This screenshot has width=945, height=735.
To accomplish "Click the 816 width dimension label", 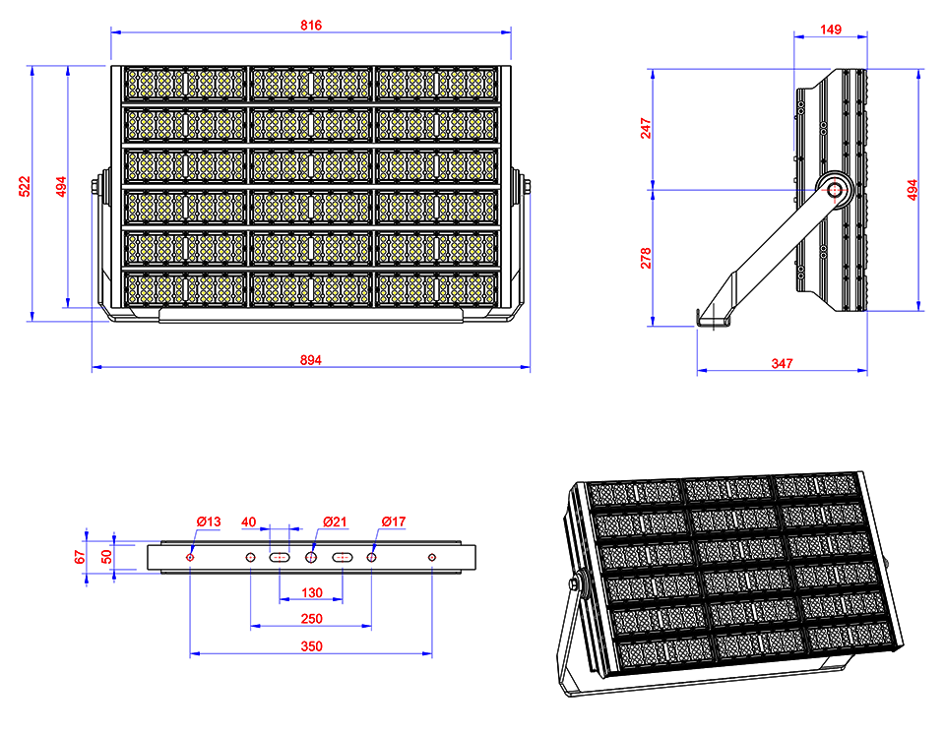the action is pyautogui.click(x=311, y=26).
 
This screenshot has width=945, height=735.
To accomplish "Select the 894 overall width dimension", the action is pyautogui.click(x=311, y=360).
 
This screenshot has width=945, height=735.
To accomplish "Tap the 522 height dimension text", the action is pyautogui.click(x=25, y=186).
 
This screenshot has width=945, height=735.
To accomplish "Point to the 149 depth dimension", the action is pyautogui.click(x=831, y=30).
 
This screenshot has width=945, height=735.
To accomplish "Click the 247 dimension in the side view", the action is pyautogui.click(x=646, y=128).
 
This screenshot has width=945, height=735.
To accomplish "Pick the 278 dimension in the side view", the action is pyautogui.click(x=646, y=258).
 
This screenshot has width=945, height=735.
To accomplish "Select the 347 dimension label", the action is pyautogui.click(x=782, y=363).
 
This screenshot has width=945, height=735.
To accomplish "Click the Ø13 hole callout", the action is pyautogui.click(x=209, y=521).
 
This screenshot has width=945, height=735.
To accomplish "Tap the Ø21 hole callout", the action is pyautogui.click(x=335, y=521).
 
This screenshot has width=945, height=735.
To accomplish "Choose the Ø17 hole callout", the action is pyautogui.click(x=394, y=521).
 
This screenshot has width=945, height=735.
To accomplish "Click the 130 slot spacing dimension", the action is pyautogui.click(x=312, y=592).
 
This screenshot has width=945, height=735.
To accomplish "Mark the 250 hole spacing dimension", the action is pyautogui.click(x=312, y=619).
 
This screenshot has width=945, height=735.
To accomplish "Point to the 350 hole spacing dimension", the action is pyautogui.click(x=312, y=646).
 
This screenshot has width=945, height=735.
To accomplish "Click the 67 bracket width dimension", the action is pyautogui.click(x=80, y=557).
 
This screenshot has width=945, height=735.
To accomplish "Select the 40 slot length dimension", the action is pyautogui.click(x=248, y=521).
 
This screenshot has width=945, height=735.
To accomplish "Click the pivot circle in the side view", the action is pyautogui.click(x=835, y=190).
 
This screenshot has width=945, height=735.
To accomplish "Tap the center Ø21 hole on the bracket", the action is pyautogui.click(x=311, y=557).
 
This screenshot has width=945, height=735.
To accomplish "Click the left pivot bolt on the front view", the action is pyautogui.click(x=98, y=186).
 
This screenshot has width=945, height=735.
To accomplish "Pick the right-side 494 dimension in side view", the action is pyautogui.click(x=912, y=190).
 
